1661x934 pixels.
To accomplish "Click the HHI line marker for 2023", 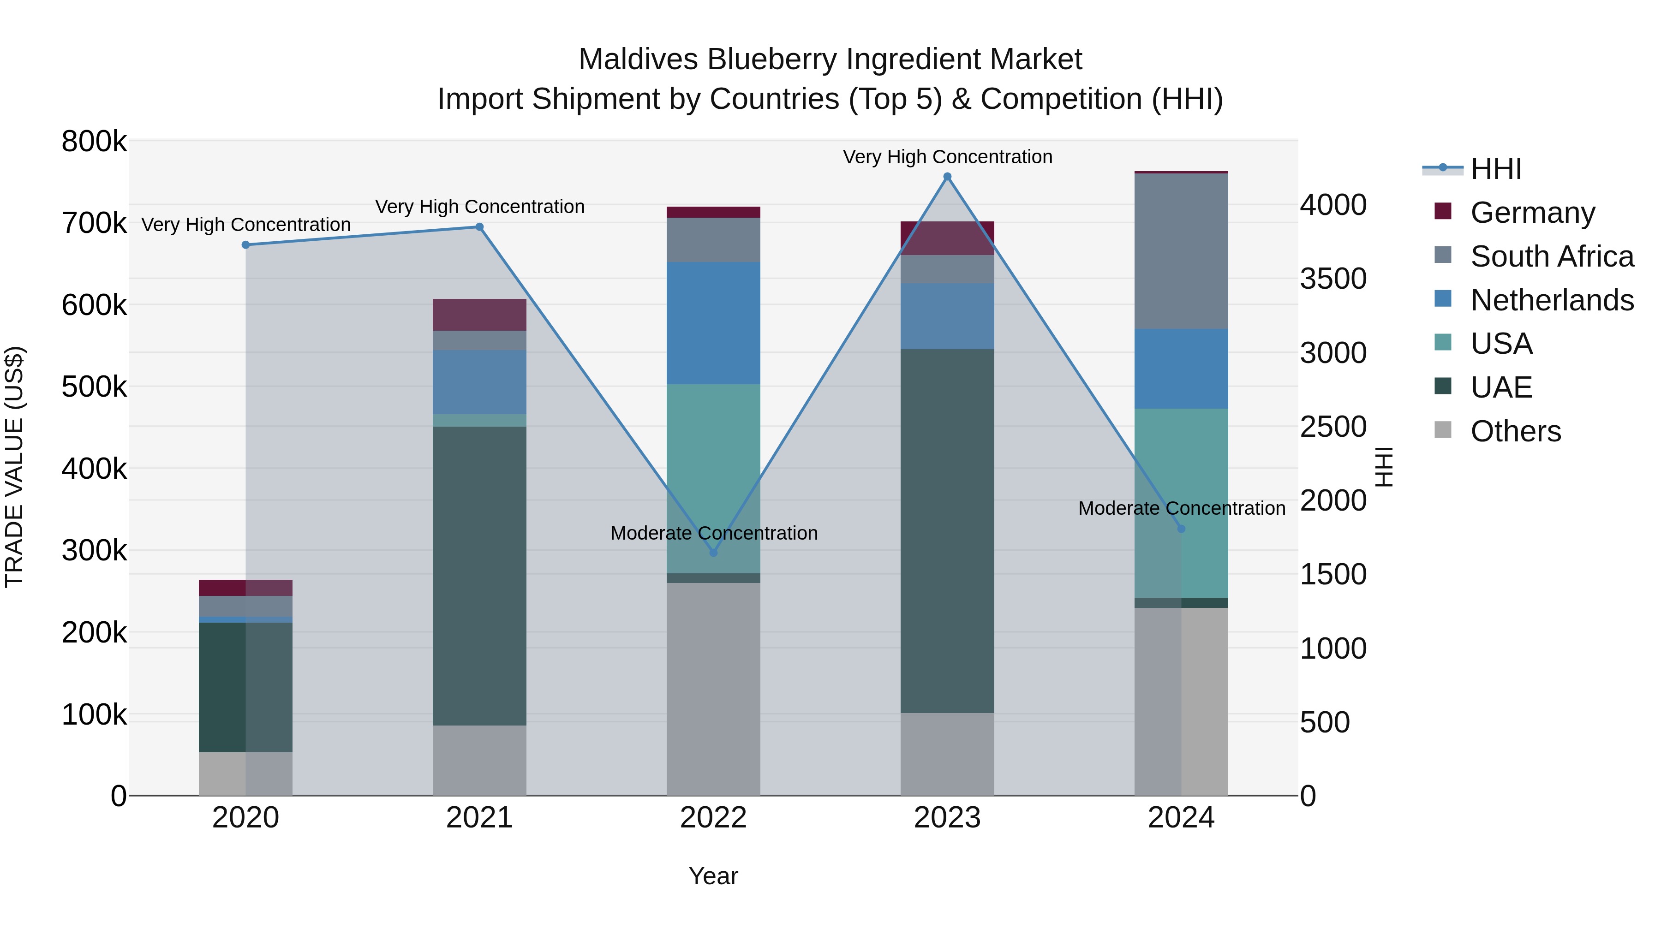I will click(947, 177).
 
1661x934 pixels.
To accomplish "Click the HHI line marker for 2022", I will click(713, 553).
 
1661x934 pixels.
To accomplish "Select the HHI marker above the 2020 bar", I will click(245, 245).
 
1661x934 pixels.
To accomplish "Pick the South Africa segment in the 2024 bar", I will click(1181, 251).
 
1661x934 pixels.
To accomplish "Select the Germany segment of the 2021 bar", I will click(479, 315).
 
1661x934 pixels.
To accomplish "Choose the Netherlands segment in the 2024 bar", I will click(1181, 369).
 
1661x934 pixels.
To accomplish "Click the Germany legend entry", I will click(1532, 213).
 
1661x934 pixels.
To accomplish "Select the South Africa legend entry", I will click(1551, 256).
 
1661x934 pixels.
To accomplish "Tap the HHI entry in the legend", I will click(1495, 169).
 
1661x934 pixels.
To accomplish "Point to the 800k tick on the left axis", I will click(94, 141).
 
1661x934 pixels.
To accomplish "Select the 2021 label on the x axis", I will click(479, 818).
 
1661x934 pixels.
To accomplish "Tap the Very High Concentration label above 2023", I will click(947, 157).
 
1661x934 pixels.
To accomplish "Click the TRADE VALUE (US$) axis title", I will click(14, 467).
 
